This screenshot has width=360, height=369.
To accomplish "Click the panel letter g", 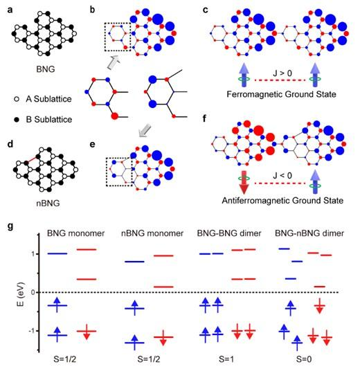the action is click(x=10, y=226).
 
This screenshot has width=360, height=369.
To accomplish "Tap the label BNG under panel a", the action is click(x=46, y=69).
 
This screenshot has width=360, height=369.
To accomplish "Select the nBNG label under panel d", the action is click(x=48, y=203).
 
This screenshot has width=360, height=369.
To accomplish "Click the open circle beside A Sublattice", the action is click(x=17, y=99).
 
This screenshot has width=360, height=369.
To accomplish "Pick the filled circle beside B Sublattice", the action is click(x=17, y=120).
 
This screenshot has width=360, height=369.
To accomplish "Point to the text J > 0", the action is click(x=282, y=73).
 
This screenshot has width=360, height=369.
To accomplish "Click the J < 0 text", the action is click(x=282, y=175).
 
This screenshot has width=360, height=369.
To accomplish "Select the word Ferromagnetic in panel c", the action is click(x=254, y=94).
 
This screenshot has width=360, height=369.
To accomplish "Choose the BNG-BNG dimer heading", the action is click(x=229, y=233).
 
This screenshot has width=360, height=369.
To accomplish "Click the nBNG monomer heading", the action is click(x=152, y=233).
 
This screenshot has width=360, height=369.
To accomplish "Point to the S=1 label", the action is click(x=226, y=359).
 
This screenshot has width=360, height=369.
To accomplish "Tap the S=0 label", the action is click(x=304, y=359).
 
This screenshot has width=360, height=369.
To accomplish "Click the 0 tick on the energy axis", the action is click(x=33, y=292).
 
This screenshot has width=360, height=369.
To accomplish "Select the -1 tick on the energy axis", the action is click(x=32, y=331).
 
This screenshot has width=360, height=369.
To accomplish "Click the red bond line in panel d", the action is click(x=32, y=159).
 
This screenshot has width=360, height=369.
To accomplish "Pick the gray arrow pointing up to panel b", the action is click(x=114, y=63).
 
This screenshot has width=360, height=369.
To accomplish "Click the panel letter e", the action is click(x=93, y=144).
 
